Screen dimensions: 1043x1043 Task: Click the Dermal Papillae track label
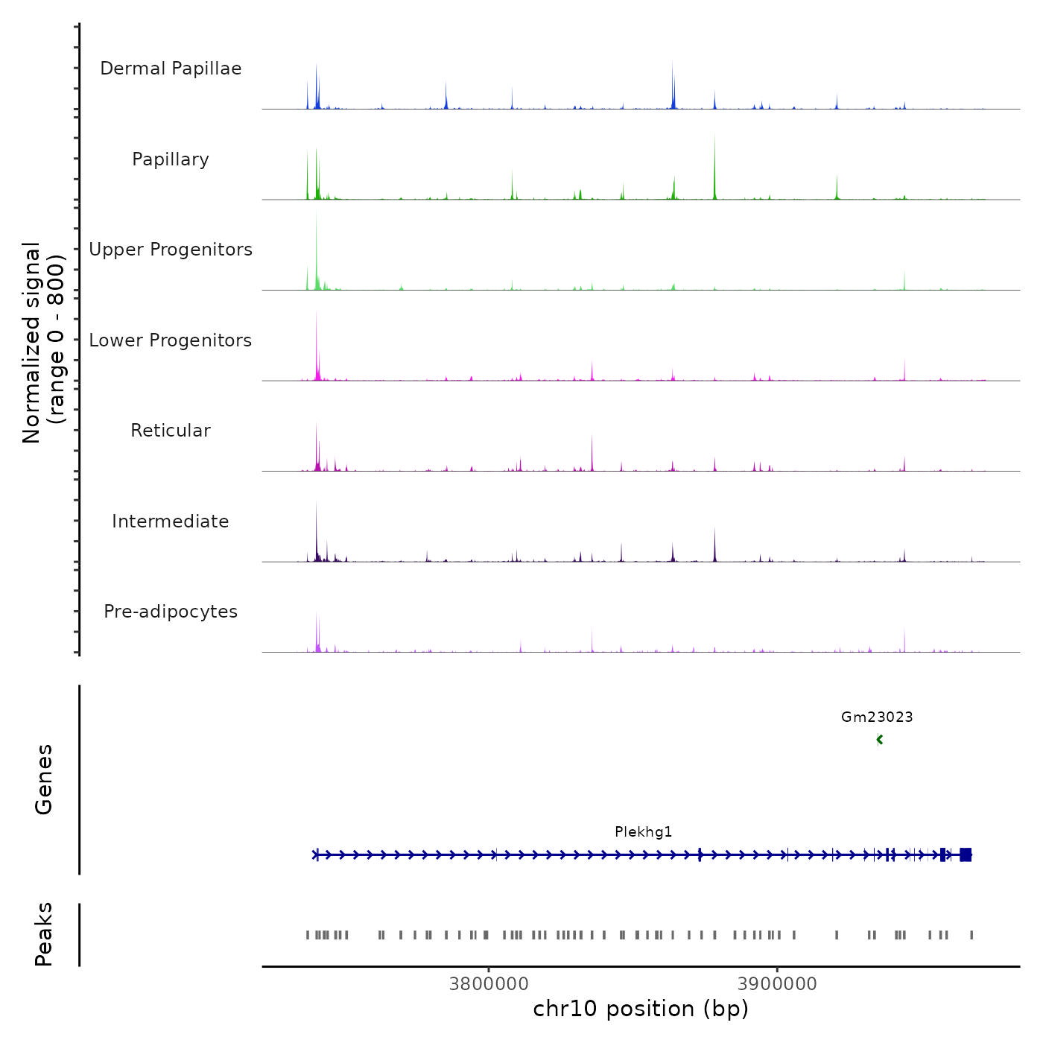click(x=171, y=69)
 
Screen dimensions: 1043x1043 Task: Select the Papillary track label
click(x=171, y=159)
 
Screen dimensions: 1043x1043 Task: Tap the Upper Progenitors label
click(x=171, y=250)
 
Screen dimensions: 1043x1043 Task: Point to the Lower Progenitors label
click(x=171, y=340)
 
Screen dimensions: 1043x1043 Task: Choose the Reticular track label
click(x=171, y=431)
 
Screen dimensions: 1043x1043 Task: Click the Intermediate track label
click(x=171, y=521)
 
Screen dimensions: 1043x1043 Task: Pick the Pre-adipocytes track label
click(x=171, y=612)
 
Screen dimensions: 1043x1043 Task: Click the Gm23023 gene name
click(x=877, y=717)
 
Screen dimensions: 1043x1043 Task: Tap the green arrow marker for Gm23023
click(x=880, y=740)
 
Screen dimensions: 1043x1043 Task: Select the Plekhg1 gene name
click(x=643, y=832)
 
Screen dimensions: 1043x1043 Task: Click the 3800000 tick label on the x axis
click(x=489, y=984)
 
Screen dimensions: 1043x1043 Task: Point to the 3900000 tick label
click(x=777, y=984)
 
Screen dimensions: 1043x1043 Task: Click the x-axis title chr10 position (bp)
click(x=641, y=1009)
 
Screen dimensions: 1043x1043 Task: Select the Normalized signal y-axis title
click(x=43, y=343)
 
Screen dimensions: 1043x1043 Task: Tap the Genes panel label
click(x=44, y=779)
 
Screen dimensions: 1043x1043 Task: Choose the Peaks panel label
click(x=44, y=934)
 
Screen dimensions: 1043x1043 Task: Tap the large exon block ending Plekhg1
click(x=966, y=855)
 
